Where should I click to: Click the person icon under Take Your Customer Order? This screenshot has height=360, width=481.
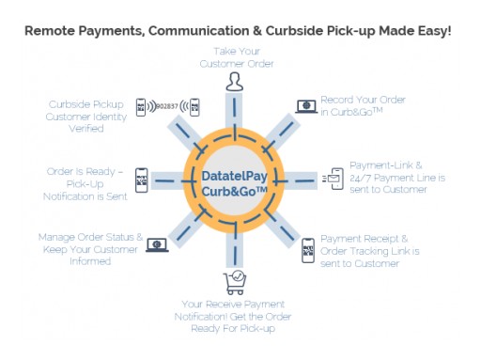pyautogui.click(x=233, y=82)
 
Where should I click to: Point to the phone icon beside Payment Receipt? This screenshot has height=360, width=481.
pyautogui.click(x=307, y=250)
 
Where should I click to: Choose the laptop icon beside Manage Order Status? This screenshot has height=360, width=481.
pyautogui.click(x=156, y=244)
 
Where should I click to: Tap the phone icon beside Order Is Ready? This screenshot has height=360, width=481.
pyautogui.click(x=142, y=180)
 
